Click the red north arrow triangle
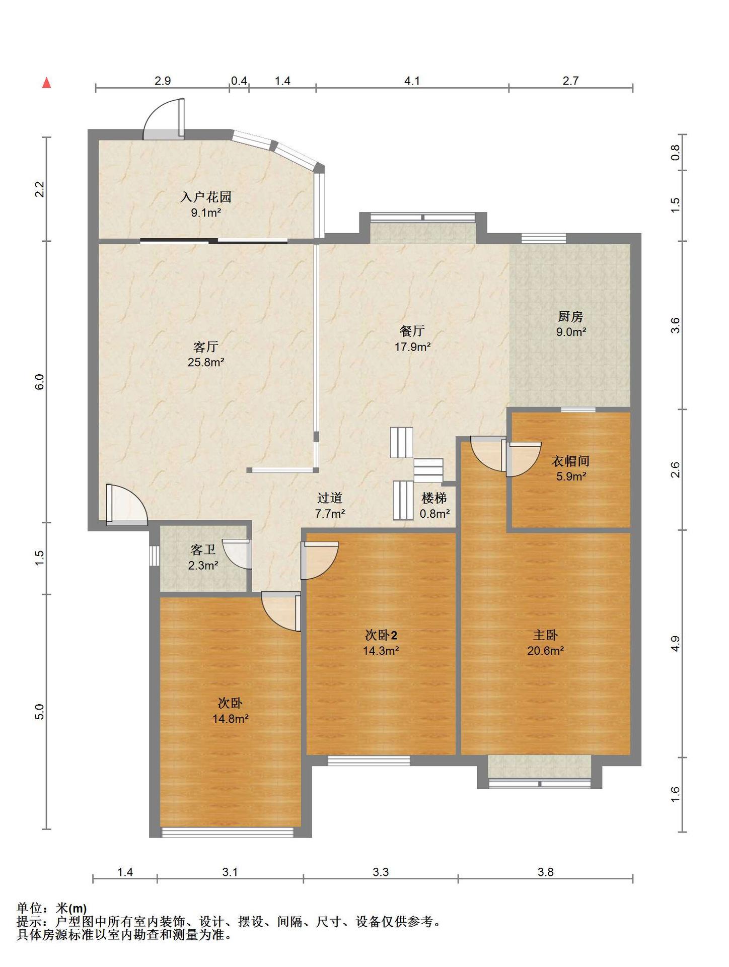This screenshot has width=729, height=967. point(47,83)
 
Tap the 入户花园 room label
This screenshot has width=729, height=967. point(206,197)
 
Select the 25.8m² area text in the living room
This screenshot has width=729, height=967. point(206,362)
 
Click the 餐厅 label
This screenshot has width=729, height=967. point(412,331)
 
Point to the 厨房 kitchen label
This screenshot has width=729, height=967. point(570,317)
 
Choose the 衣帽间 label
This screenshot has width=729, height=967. point(570,461)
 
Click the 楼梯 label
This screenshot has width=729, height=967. point(434,499)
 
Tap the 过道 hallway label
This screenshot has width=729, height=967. point(330,498)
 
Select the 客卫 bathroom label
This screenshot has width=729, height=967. point(203,550)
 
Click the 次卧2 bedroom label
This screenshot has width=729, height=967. point(381,635)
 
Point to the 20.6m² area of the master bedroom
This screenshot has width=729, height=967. point(545,651)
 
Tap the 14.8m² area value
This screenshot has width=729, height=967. point(230,719)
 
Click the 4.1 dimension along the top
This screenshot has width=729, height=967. point(412,81)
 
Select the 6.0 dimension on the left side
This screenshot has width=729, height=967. point(40,382)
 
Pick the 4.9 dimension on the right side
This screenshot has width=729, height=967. point(675,644)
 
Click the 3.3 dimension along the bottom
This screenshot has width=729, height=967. point(381,872)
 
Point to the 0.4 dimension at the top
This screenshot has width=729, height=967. point(239,81)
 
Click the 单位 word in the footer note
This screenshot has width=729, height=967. point(29,909)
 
